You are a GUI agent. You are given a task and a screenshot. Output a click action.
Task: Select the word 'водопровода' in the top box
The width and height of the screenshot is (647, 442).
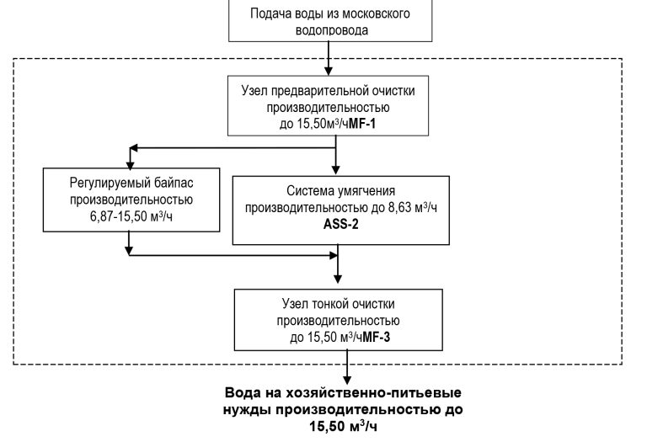click(x=336, y=29)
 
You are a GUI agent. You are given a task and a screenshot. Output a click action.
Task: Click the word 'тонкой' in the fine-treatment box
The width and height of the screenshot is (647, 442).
click(x=336, y=304)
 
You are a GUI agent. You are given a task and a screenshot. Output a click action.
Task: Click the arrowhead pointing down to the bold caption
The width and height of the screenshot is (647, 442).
click(x=345, y=379)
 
